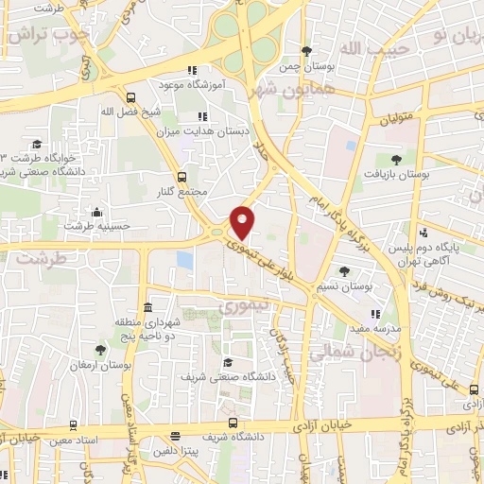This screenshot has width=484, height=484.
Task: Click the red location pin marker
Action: [x=243, y=221]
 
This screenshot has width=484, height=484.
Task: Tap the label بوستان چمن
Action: [x=305, y=67]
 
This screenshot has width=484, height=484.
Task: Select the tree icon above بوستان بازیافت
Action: [x=396, y=160]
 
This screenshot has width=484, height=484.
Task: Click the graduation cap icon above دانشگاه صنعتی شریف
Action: [x=227, y=362]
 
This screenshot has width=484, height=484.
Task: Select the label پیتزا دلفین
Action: [x=175, y=451]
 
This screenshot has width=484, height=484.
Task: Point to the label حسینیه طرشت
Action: [x=94, y=226]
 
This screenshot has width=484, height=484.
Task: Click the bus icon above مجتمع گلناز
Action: [x=181, y=177]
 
